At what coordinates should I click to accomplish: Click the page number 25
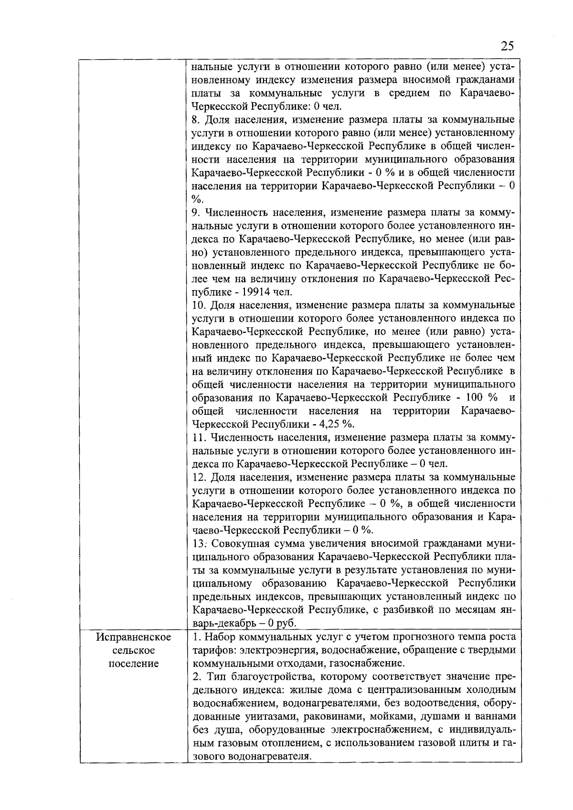(507, 46)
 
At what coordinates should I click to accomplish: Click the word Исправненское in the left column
(134, 637)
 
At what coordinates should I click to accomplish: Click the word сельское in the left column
(134, 650)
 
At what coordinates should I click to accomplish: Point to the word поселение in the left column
(134, 663)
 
